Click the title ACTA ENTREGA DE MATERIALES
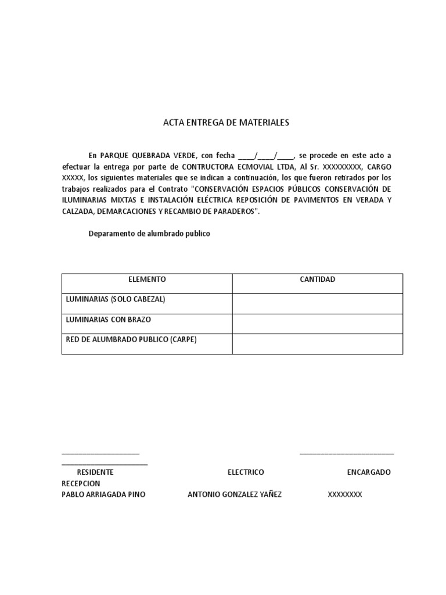pos(226,123)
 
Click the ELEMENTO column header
pos(147,279)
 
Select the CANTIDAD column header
pos(317,279)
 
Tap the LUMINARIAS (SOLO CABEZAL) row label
pos(116,299)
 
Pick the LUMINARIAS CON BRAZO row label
pos(109,320)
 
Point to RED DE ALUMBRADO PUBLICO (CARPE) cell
pos(132,339)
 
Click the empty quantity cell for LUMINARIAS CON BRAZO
pos(317,324)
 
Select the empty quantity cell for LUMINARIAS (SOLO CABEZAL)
pos(317,303)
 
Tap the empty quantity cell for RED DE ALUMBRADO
pos(317,343)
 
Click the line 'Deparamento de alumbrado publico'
pos(149,234)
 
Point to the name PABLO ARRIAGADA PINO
pos(103,494)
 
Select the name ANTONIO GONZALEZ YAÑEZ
pos(235,494)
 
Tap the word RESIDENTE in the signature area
pos(95,472)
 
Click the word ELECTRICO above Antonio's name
pos(246,472)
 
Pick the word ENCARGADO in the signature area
pos(369,472)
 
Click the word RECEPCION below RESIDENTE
pos(81,483)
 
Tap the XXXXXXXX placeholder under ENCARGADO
pos(345,494)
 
